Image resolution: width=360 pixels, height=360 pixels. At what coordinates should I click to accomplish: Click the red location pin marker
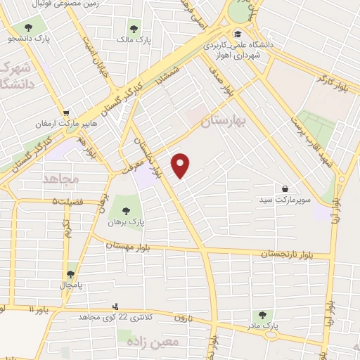(181, 165)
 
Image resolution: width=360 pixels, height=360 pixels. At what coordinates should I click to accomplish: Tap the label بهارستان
(225, 122)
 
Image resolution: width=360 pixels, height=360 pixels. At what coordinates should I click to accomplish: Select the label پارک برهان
(126, 221)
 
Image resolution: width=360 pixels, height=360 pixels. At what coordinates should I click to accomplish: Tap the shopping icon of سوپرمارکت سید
(285, 188)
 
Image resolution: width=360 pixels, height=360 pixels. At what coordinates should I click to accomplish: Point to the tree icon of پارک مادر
(262, 316)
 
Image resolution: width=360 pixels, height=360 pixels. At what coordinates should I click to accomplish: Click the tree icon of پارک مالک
(134, 30)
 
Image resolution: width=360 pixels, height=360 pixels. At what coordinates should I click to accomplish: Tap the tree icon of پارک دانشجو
(29, 28)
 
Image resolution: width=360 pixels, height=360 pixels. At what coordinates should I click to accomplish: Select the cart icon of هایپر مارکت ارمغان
(66, 112)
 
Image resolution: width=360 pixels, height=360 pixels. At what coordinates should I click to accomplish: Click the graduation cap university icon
(238, 33)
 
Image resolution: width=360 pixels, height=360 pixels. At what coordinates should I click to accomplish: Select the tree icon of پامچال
(70, 274)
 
